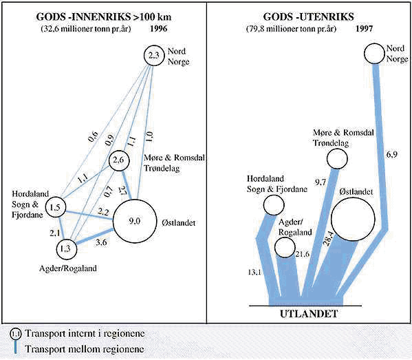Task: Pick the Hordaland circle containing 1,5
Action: (x=56, y=207)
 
